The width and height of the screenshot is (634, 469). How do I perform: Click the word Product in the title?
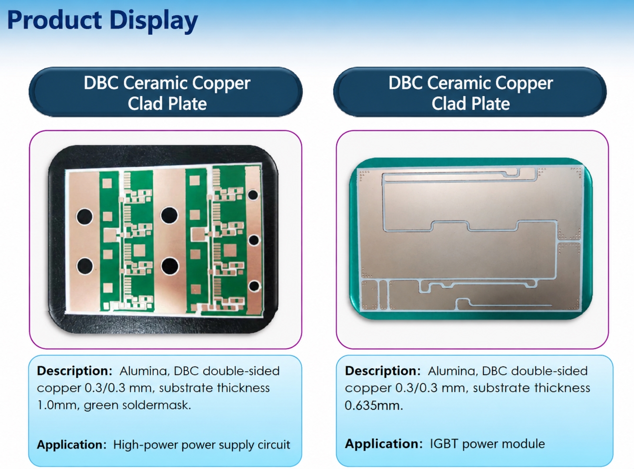point(54,20)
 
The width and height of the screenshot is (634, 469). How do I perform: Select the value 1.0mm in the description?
point(57,405)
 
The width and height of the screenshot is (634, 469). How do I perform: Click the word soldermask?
point(157,405)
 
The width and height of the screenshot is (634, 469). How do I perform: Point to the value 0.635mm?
point(374,405)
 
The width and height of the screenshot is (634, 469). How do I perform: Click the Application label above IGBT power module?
point(384,444)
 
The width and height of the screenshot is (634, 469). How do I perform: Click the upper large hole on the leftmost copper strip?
point(85,216)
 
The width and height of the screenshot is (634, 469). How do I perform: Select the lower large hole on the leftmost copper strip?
point(85,266)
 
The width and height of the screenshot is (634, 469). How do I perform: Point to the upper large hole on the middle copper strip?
point(169,216)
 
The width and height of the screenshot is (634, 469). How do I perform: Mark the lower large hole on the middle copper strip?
point(170,266)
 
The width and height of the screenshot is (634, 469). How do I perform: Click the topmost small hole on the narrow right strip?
point(253,195)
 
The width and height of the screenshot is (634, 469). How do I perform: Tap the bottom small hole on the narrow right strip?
point(254,286)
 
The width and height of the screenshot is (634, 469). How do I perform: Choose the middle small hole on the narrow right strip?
point(254,240)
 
